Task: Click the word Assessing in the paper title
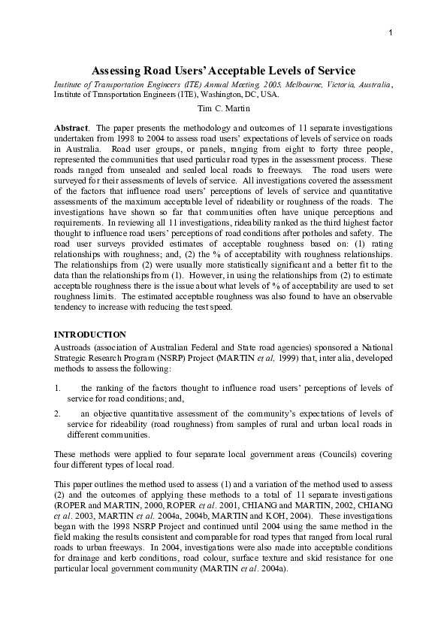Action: click(x=117, y=70)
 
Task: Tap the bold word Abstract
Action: click(x=72, y=129)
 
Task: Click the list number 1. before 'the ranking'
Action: click(x=58, y=388)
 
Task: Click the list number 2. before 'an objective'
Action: click(x=58, y=413)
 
